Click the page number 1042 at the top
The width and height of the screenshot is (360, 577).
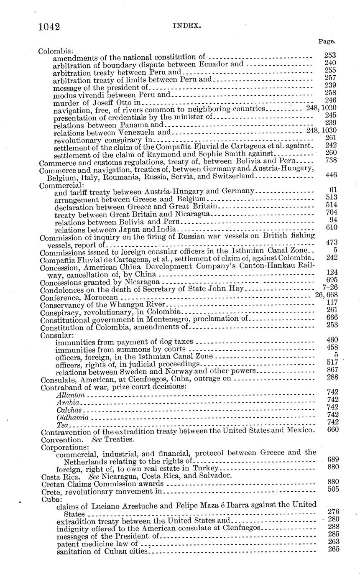click(x=49, y=27)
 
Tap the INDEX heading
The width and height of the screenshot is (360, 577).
click(x=181, y=26)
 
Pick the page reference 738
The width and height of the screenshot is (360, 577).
click(x=331, y=161)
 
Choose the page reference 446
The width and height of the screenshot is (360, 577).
click(x=331, y=175)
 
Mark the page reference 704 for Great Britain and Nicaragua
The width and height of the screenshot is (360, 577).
click(x=331, y=212)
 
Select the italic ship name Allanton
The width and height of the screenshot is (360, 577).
click(x=71, y=395)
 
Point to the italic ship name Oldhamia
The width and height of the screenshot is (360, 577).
click(x=72, y=418)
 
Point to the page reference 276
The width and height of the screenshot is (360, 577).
click(x=333, y=511)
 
